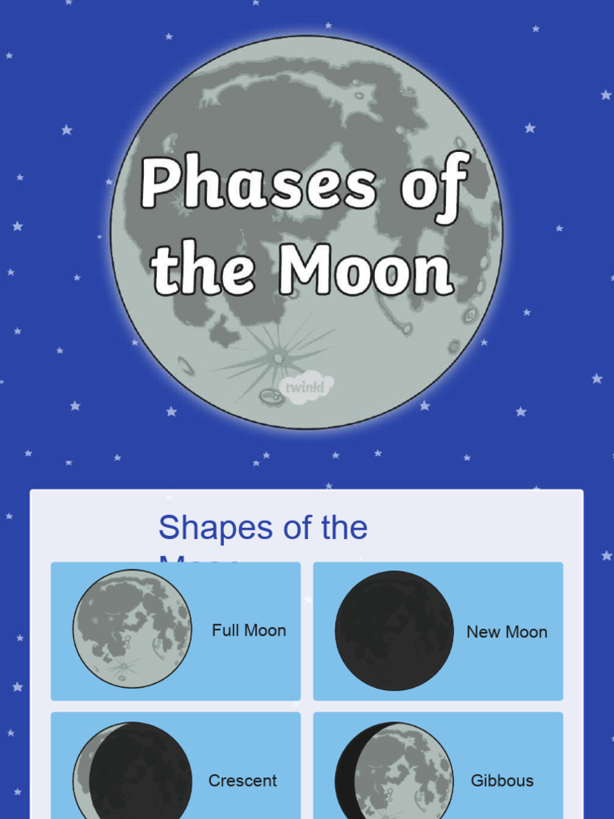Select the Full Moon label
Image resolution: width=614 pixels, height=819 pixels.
point(249,630)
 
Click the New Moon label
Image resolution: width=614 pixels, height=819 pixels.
point(507,632)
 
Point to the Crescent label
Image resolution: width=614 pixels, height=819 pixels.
point(242,781)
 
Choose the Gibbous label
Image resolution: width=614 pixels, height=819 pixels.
point(502,781)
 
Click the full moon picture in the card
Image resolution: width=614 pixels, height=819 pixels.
point(132,629)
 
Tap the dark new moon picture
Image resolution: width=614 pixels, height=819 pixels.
point(394,630)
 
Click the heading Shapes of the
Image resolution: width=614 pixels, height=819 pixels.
point(263,528)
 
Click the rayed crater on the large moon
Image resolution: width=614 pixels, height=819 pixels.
point(277,358)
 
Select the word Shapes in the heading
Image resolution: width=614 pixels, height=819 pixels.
point(205,528)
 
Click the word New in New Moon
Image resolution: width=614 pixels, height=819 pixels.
point(483,632)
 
